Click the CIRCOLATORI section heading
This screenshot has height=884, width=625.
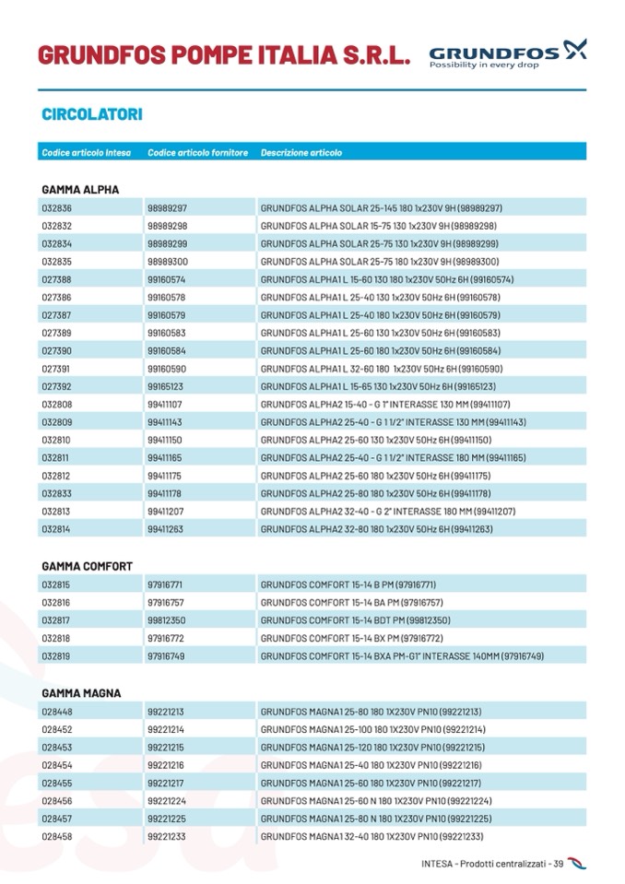click(x=91, y=115)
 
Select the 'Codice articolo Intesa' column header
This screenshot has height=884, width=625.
click(x=86, y=152)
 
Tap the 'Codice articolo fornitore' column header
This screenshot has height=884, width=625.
click(x=197, y=152)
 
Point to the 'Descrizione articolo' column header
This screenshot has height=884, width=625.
click(x=301, y=152)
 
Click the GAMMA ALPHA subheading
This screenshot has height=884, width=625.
click(x=80, y=190)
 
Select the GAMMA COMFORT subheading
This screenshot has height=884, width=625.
click(x=87, y=566)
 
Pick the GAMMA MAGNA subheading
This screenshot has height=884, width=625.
click(x=81, y=693)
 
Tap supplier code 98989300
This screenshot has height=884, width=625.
click(x=167, y=262)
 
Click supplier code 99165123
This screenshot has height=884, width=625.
click(x=165, y=386)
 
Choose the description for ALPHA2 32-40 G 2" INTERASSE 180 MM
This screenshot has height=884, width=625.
click(x=387, y=512)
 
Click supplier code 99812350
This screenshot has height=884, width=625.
click(x=166, y=619)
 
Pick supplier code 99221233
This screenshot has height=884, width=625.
click(x=165, y=836)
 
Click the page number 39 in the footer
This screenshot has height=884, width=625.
click(x=558, y=864)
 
